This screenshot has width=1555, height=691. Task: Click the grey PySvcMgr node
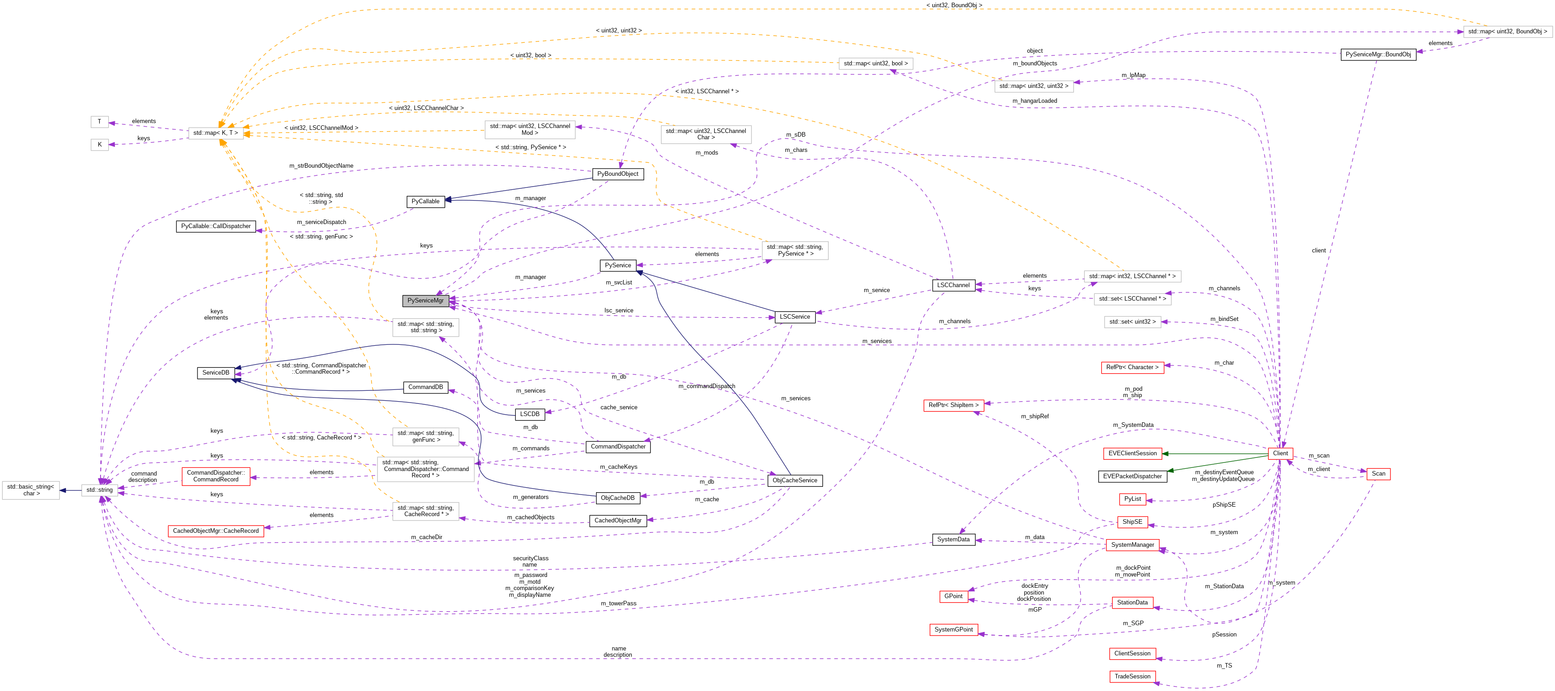(x=425, y=301)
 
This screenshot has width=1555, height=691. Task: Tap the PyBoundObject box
(x=618, y=174)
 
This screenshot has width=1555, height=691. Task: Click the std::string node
(x=100, y=490)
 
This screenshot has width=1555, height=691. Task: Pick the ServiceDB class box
(x=216, y=373)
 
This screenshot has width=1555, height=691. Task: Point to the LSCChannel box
(x=953, y=285)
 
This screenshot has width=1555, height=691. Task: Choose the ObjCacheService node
(x=794, y=480)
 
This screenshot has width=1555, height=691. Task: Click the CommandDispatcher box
(x=618, y=447)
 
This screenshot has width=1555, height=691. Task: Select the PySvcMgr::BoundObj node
(x=1378, y=54)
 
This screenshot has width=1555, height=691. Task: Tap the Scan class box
(x=1378, y=474)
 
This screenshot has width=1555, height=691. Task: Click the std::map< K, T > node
(x=216, y=133)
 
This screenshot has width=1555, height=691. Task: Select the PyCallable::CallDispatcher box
(x=216, y=226)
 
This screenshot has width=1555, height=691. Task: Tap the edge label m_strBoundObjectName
(x=321, y=166)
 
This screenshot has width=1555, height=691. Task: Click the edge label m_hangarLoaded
(x=1035, y=101)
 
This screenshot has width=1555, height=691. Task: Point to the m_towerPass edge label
(x=618, y=604)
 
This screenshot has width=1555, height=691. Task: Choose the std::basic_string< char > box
(x=30, y=490)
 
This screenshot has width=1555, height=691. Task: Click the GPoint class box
(x=953, y=596)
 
